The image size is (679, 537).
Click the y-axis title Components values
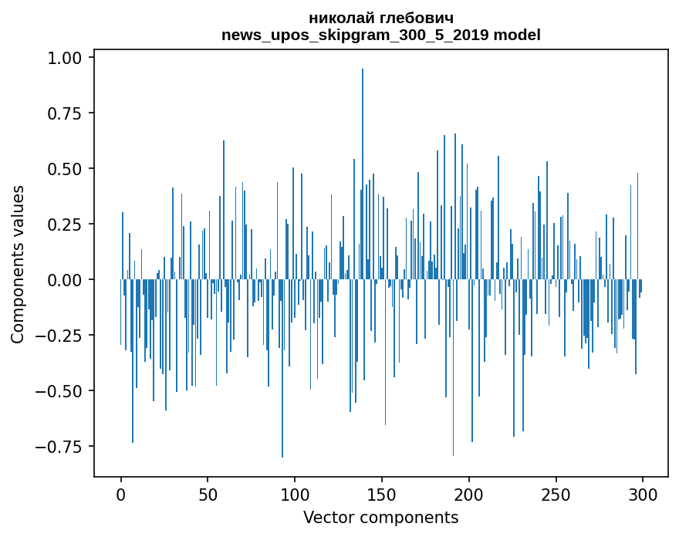click(18, 264)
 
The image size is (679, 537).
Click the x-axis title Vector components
click(381, 518)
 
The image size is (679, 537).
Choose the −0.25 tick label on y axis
click(63, 336)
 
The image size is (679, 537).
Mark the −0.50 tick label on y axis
click(63, 391)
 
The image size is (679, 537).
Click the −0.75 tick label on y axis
click(63, 447)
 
